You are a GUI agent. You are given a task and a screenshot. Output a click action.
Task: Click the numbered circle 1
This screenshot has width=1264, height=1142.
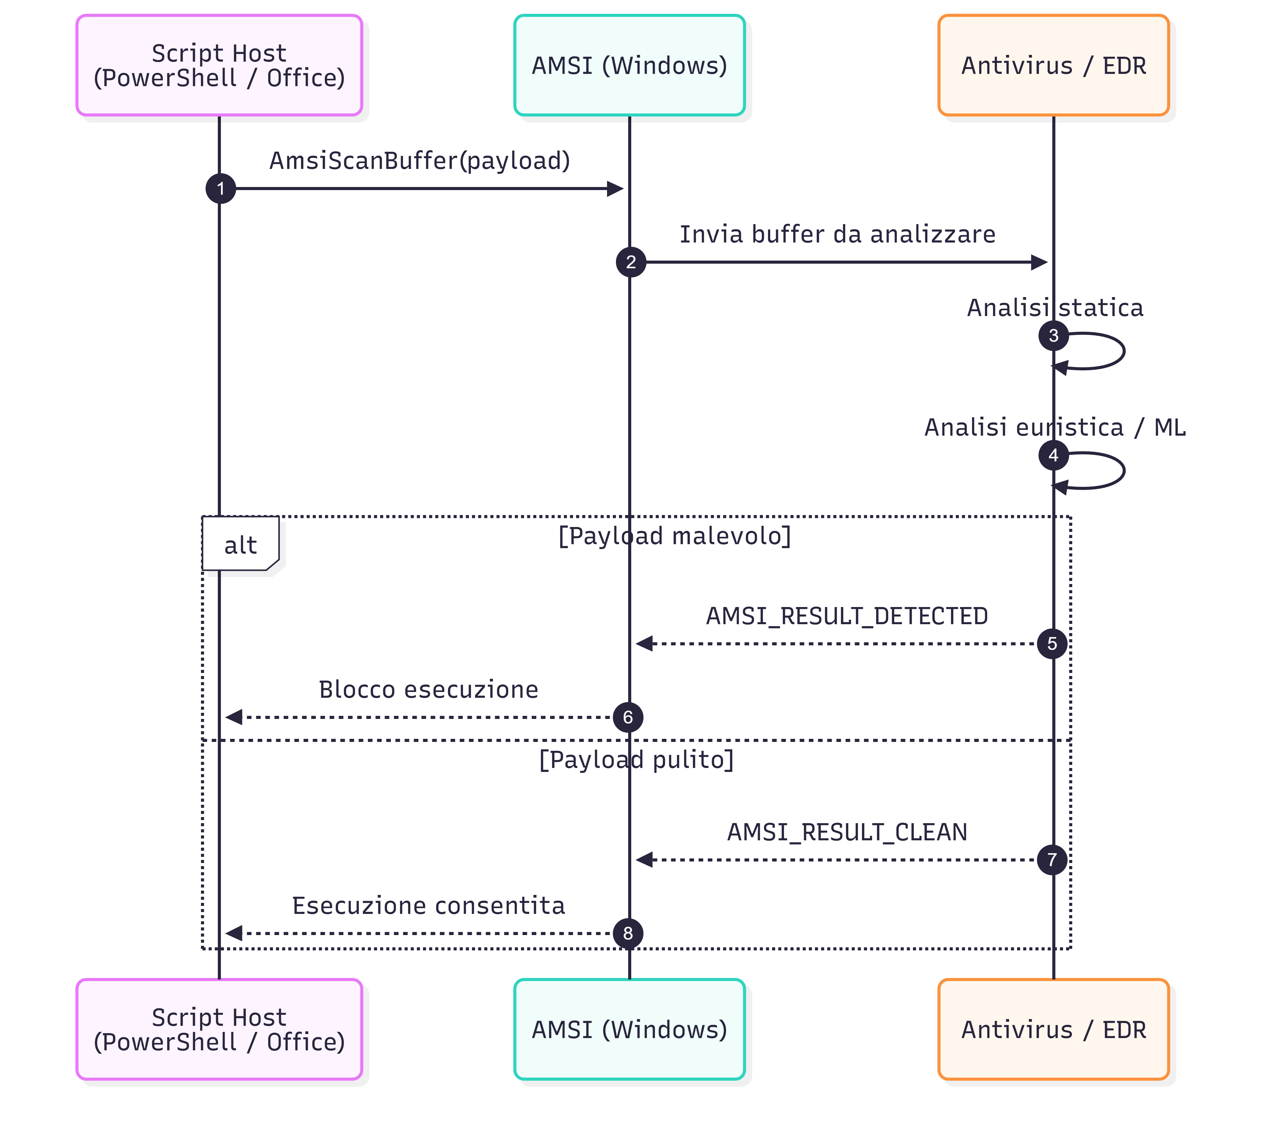tap(221, 188)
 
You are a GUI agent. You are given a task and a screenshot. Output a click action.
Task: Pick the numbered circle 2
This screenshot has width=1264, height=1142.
tap(631, 262)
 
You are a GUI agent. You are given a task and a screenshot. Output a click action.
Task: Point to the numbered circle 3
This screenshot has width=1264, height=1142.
tap(1053, 335)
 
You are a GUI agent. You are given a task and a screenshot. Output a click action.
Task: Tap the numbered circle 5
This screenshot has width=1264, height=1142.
tap(1052, 644)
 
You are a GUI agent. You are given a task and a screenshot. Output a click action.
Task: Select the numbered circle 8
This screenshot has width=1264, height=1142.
tap(628, 933)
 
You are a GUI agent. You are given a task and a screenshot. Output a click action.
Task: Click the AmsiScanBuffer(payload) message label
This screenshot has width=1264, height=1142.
tap(419, 161)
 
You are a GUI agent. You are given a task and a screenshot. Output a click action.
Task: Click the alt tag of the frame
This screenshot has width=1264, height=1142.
tap(240, 544)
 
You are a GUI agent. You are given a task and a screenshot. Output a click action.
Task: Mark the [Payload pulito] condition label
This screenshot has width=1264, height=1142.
tap(636, 759)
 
